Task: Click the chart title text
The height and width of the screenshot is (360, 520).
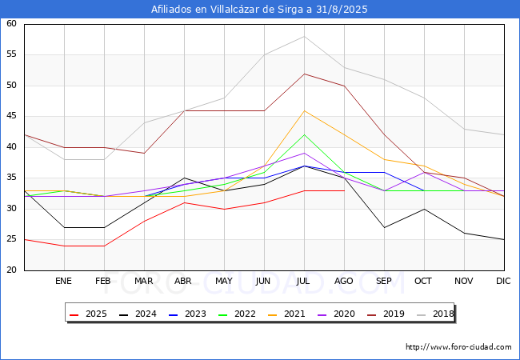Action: coord(260,10)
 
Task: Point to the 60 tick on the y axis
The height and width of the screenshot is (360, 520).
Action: coord(12,24)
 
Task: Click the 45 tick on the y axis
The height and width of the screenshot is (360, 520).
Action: coord(12,117)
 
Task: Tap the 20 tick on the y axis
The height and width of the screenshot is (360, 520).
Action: coord(12,270)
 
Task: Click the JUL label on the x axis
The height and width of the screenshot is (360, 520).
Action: coord(303,282)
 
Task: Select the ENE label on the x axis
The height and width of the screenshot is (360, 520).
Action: coord(64,282)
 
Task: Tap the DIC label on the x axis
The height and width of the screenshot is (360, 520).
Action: coord(503,282)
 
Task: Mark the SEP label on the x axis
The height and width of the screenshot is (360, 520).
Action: coord(383,282)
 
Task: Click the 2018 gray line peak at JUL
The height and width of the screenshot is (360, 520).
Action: coord(304,36)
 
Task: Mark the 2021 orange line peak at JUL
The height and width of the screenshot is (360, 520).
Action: coord(304,110)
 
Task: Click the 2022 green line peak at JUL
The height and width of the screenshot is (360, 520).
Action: coord(304,134)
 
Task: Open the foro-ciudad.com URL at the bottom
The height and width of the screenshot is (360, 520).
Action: coord(458,347)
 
